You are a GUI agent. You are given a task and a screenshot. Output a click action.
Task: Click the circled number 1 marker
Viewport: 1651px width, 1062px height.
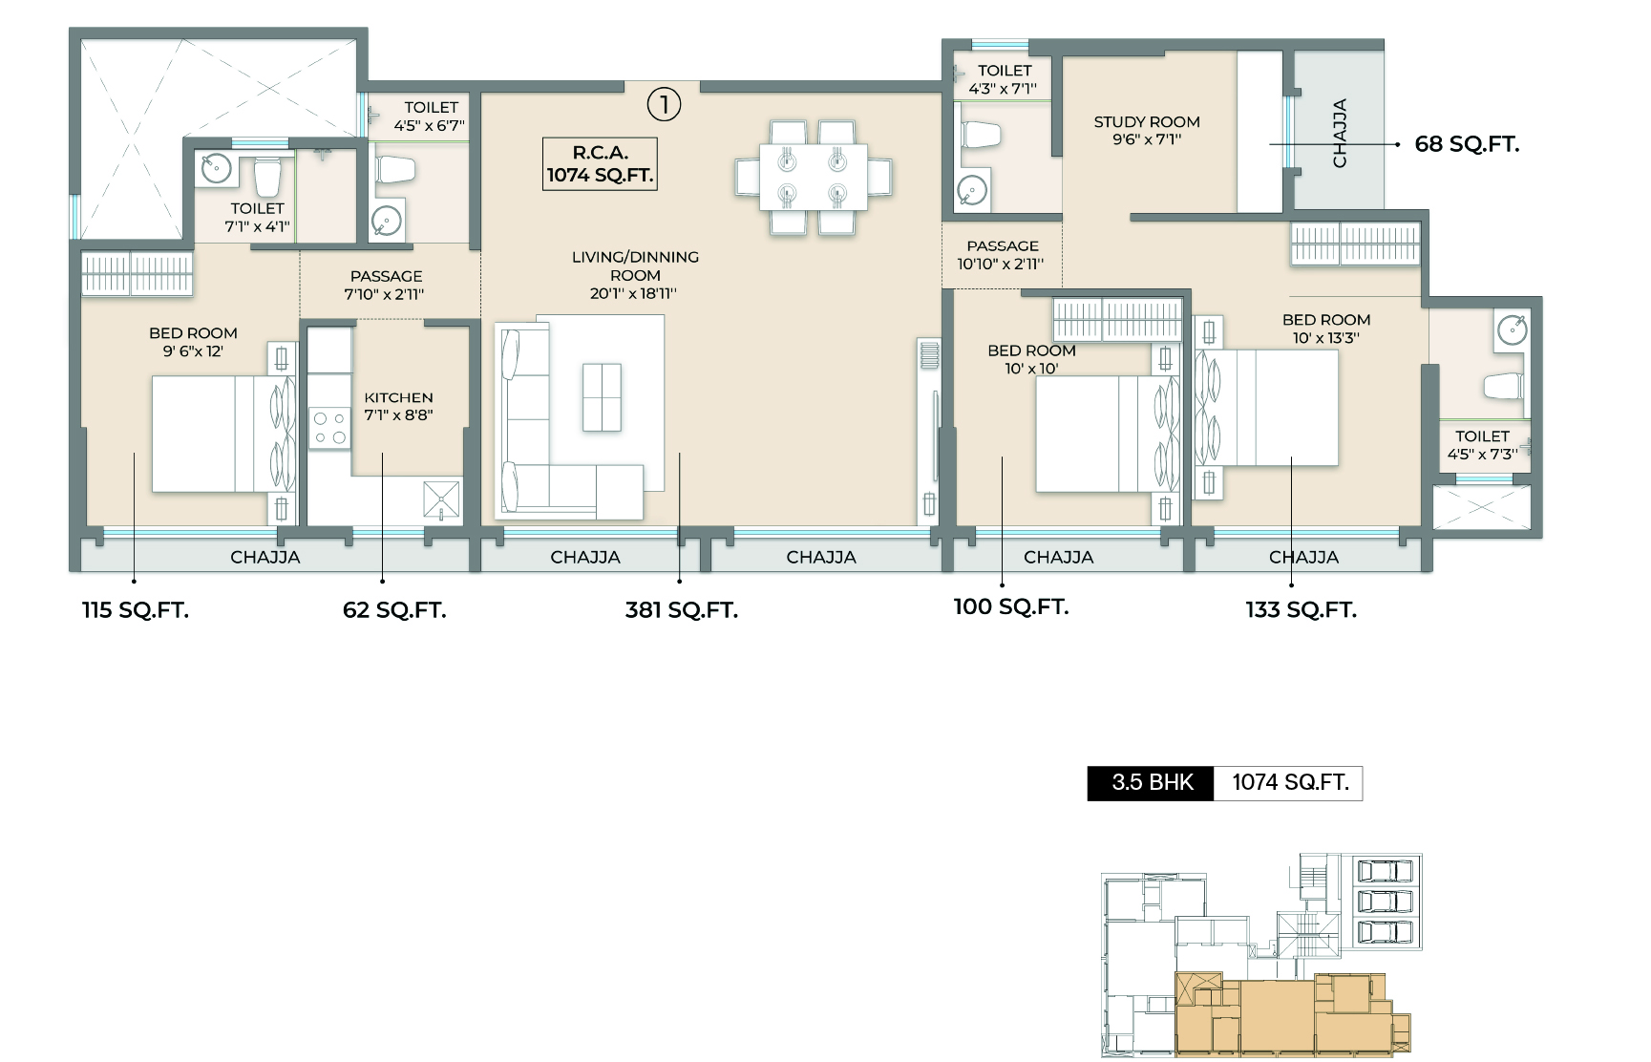point(664,104)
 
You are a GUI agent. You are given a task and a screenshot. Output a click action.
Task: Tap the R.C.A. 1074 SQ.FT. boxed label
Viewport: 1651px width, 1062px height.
point(600,164)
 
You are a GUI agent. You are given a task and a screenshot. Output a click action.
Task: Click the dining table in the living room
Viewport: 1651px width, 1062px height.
point(814,177)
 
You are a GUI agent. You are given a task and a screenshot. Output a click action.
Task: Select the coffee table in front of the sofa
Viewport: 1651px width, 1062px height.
point(602,396)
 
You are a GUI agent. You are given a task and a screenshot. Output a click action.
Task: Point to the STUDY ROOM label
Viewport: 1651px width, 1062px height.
point(1147,130)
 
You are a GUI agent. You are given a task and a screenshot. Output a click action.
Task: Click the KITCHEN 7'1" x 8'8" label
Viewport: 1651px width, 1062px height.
point(398,406)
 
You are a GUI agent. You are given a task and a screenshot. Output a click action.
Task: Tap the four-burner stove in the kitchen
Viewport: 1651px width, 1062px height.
point(329,428)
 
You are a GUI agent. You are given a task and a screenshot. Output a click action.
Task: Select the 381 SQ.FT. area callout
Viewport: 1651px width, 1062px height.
point(681,610)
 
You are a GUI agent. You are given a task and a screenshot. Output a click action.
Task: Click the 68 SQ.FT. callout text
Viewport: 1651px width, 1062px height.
point(1467,144)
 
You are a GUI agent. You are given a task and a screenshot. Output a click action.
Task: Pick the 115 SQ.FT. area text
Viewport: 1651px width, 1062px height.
point(136,610)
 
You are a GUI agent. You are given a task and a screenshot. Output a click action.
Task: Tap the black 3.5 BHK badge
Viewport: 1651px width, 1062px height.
point(1152,783)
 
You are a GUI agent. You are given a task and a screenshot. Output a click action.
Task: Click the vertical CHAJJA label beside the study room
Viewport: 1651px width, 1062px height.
point(1339,133)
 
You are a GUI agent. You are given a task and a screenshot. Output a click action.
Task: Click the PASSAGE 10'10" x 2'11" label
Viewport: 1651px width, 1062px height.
point(1002,255)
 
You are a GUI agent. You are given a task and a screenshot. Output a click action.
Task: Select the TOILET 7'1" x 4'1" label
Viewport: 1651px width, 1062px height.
point(257,217)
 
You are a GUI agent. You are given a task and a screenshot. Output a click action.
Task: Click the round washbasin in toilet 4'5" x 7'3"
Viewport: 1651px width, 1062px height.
point(1512,330)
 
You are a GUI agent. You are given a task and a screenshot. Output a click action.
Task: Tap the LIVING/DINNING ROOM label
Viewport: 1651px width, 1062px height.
point(635,275)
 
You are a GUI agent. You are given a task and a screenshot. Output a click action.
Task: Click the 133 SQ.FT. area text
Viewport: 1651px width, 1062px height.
point(1301,610)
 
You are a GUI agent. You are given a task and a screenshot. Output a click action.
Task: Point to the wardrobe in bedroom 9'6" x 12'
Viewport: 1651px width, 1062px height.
point(137,272)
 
